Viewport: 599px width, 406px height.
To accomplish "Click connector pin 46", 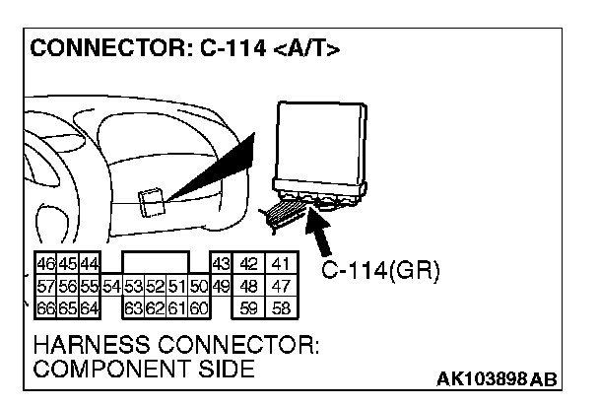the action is (45, 264).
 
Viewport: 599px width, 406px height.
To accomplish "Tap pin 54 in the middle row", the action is (110, 286).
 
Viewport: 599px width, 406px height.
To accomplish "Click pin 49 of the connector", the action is (221, 286).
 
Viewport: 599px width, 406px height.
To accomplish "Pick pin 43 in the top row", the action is (221, 264).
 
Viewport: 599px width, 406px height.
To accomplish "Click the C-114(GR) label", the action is (380, 270).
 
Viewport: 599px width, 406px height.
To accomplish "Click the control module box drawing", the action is (320, 147).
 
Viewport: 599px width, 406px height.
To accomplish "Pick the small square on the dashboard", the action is (152, 201).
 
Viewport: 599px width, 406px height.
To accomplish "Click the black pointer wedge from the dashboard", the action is (212, 173).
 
